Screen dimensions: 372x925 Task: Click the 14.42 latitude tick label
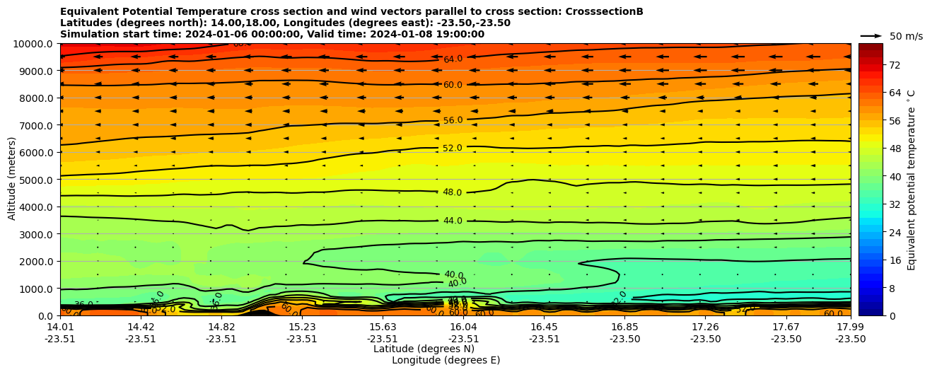(x=141, y=327)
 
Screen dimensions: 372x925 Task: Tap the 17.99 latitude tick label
(x=850, y=327)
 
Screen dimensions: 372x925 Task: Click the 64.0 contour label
(x=453, y=59)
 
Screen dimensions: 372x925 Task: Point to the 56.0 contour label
(x=453, y=120)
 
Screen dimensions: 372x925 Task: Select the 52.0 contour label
(x=453, y=148)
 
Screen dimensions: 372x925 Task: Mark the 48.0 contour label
(x=453, y=192)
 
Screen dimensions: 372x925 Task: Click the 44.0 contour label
(x=453, y=221)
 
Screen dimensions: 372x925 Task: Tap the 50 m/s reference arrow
(x=871, y=35)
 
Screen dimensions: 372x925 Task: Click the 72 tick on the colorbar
(x=895, y=64)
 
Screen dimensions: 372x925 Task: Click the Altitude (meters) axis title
(x=12, y=180)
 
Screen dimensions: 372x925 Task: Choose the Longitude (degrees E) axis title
(x=446, y=360)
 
